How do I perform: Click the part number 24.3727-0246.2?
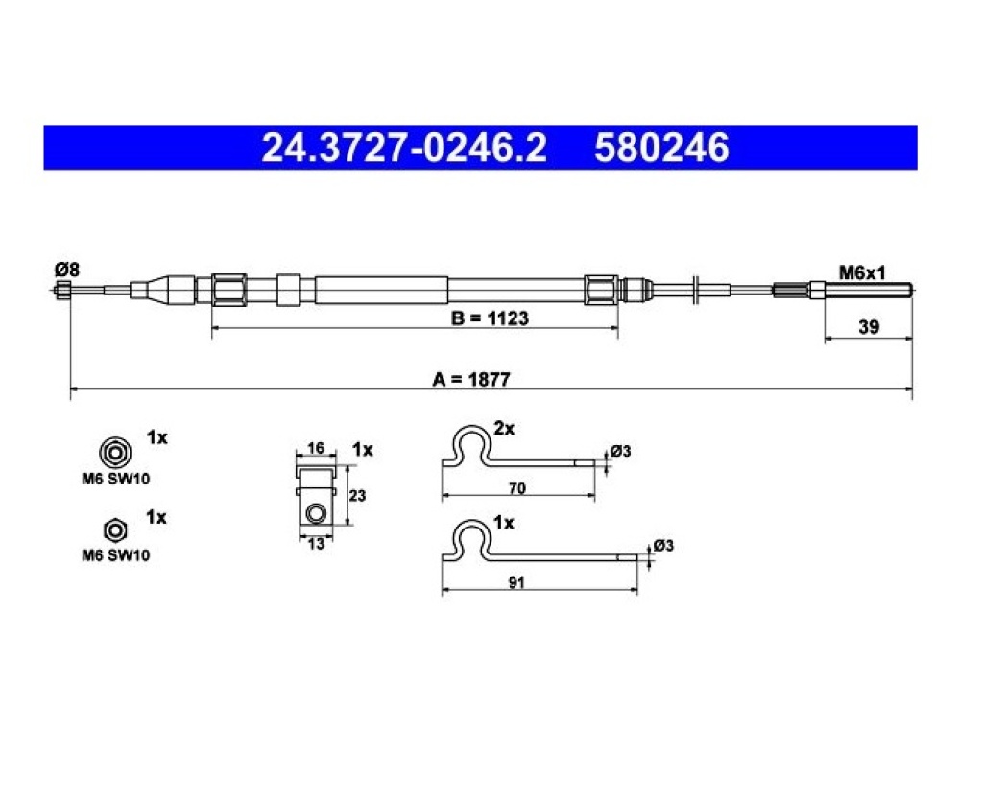pyautogui.click(x=404, y=148)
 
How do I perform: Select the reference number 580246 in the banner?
pyautogui.click(x=661, y=148)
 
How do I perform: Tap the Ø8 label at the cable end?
pyautogui.click(x=67, y=270)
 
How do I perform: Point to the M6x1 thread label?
pyautogui.click(x=862, y=272)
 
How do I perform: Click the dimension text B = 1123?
pyautogui.click(x=490, y=318)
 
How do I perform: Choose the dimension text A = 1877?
pyautogui.click(x=471, y=379)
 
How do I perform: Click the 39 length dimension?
pyautogui.click(x=868, y=326)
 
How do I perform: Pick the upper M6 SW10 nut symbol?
pyautogui.click(x=115, y=452)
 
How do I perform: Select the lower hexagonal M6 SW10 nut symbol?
pyautogui.click(x=115, y=530)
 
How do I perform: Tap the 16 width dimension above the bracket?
pyautogui.click(x=315, y=448)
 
